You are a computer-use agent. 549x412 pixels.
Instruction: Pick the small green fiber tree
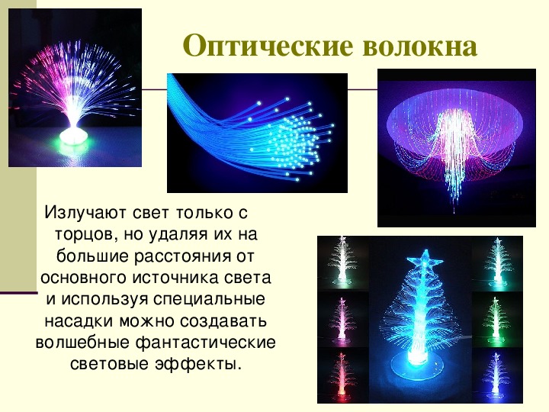tap(496, 319)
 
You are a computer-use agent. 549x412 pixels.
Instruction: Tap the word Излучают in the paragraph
tap(85, 213)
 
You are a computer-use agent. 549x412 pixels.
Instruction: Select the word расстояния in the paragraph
tap(182, 256)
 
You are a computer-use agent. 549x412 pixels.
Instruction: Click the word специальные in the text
tap(209, 300)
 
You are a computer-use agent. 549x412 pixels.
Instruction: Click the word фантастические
tap(206, 343)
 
